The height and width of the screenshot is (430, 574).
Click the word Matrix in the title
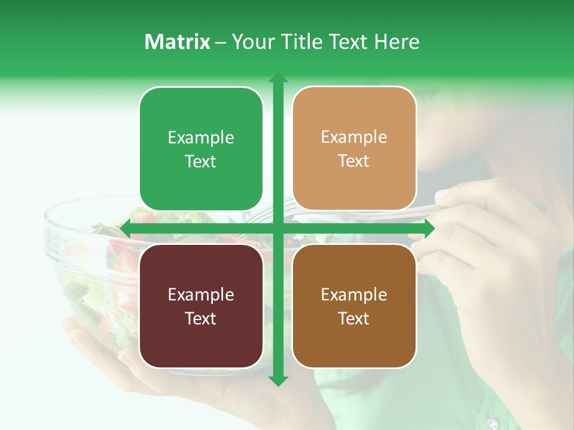click(177, 42)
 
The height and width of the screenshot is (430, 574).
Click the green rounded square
click(201, 149)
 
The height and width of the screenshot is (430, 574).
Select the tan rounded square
click(354, 149)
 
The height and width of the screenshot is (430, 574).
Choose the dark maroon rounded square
click(201, 306)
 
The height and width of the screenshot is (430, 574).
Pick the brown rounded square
click(354, 306)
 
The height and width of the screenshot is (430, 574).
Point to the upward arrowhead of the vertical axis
click(277, 78)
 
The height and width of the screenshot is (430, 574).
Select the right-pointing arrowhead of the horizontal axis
click(429, 228)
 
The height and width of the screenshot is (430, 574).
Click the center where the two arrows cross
click(277, 228)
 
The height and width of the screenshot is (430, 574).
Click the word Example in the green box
click(201, 138)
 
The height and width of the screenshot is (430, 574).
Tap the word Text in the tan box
click(354, 161)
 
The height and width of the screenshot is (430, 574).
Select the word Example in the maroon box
click(201, 294)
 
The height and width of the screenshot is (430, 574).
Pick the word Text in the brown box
click(354, 319)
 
